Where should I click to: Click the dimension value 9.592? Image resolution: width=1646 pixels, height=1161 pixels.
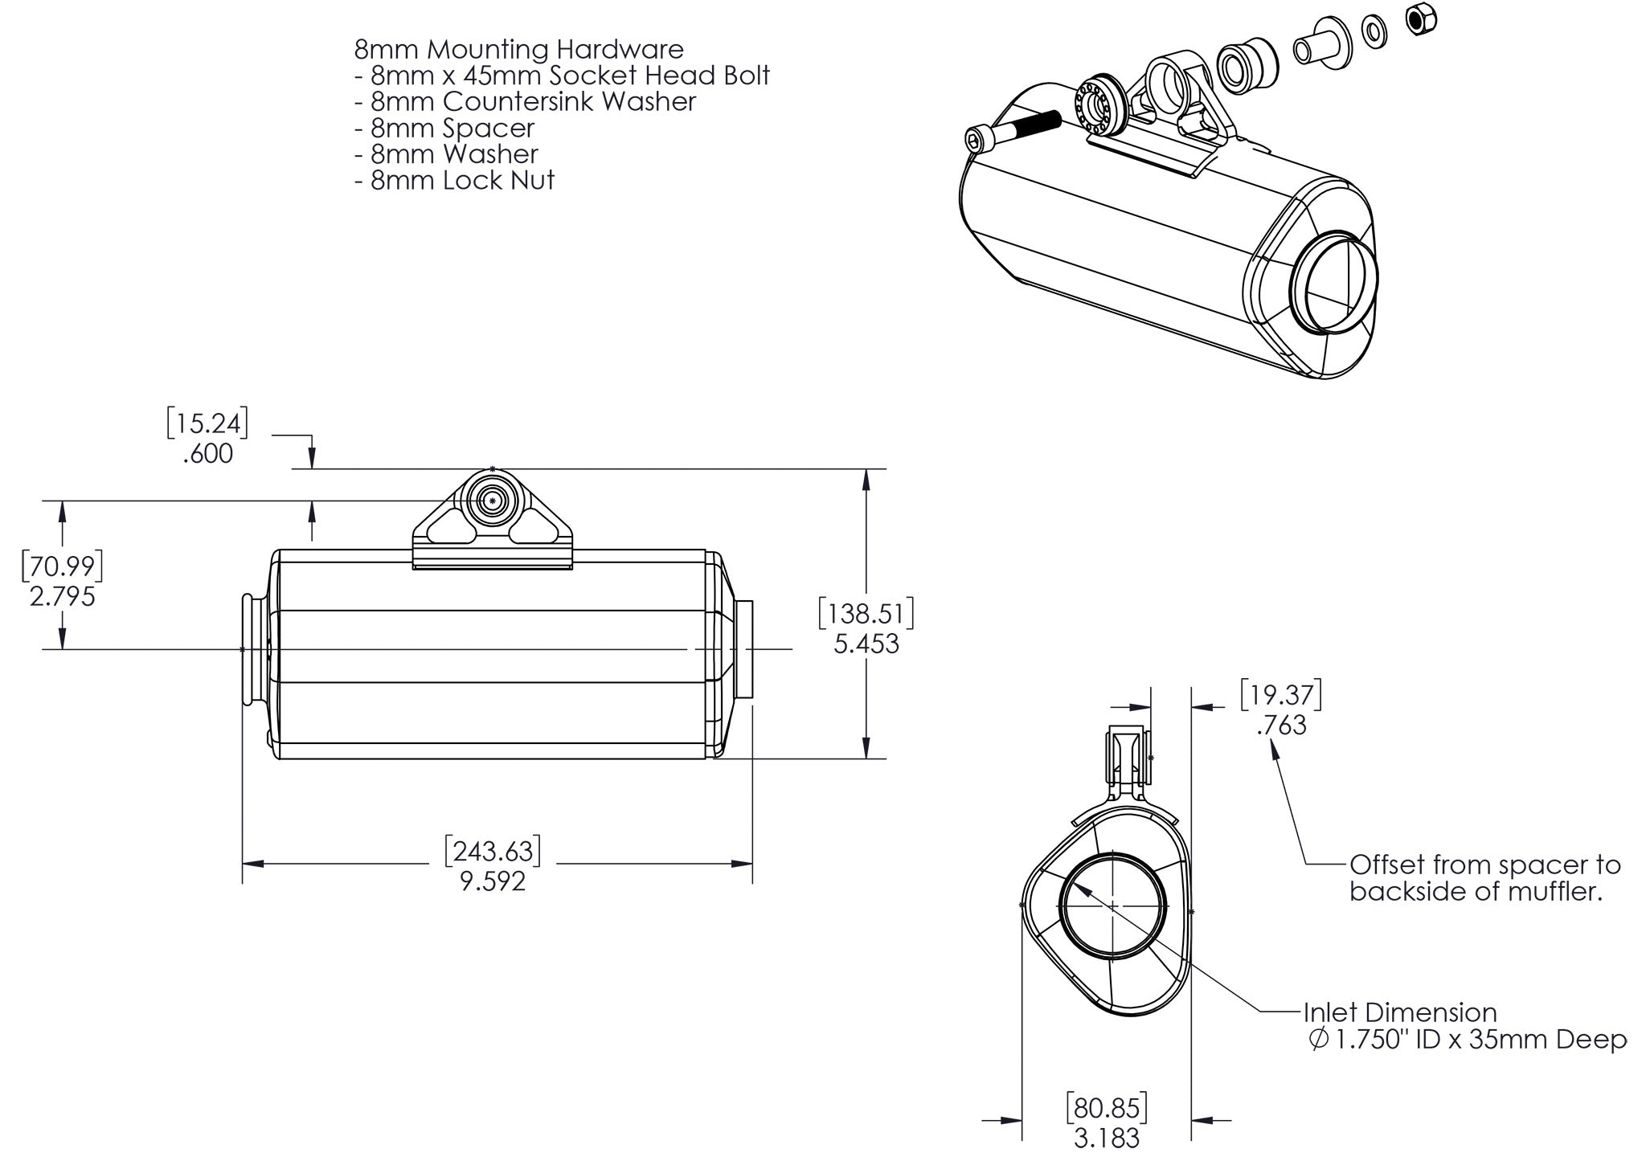click(x=493, y=881)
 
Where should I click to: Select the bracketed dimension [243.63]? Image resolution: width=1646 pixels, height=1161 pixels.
click(x=493, y=852)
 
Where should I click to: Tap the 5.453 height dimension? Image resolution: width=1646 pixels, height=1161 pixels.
click(x=866, y=644)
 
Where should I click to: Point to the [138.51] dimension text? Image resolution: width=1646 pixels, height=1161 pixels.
click(x=866, y=615)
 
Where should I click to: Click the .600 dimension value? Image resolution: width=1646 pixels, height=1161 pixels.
click(x=207, y=454)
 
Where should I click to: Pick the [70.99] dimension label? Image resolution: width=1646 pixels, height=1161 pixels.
click(x=62, y=566)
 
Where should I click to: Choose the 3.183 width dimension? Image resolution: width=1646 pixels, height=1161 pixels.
click(x=1107, y=1138)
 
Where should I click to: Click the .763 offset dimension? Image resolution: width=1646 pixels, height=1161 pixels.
click(x=1281, y=725)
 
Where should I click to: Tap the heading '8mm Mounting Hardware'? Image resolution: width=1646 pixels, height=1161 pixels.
click(x=518, y=49)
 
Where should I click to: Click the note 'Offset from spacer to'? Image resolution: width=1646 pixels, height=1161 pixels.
click(x=1485, y=865)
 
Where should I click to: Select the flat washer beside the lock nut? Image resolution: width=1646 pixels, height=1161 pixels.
click(x=1374, y=31)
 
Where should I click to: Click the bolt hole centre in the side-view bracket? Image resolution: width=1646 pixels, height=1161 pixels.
click(x=492, y=501)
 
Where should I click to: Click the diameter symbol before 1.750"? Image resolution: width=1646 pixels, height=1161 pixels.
click(x=1318, y=1040)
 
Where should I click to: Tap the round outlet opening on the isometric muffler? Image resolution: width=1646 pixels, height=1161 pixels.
click(x=1334, y=280)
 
